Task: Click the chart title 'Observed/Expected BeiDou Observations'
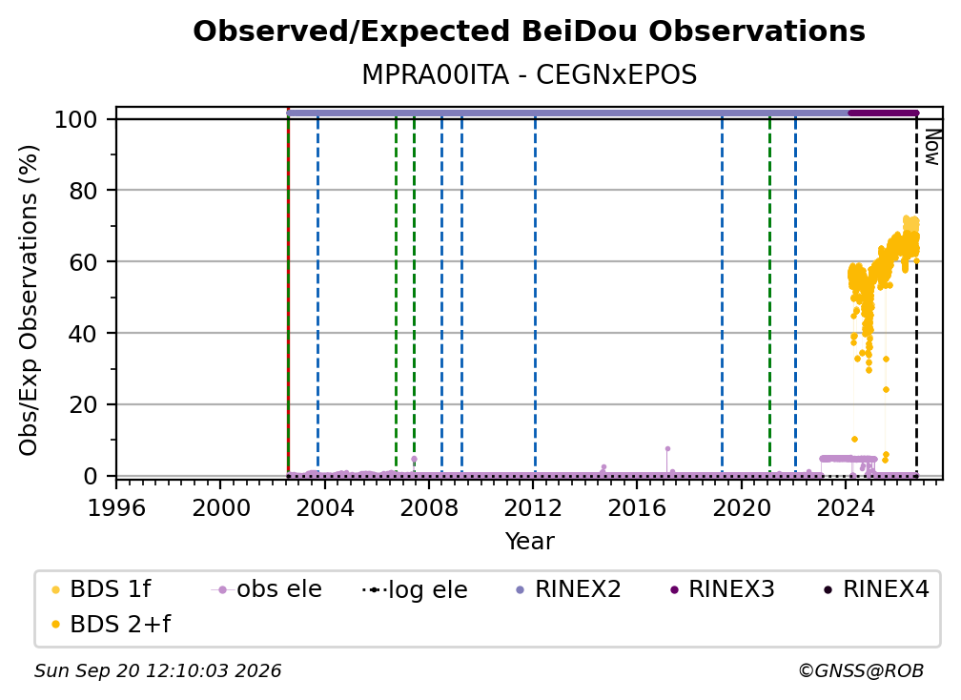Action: tap(529, 31)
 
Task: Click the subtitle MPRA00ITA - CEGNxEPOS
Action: tap(529, 74)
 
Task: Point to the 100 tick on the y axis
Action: tap(76, 119)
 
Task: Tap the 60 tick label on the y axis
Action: tap(83, 261)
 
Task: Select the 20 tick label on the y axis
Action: tap(83, 404)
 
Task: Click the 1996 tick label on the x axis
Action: tap(116, 507)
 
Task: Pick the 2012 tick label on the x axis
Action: tap(533, 507)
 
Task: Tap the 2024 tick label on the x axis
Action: tap(845, 507)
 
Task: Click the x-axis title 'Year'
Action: tap(529, 541)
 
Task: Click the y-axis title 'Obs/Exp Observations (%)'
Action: tap(29, 300)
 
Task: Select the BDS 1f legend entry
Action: tap(102, 589)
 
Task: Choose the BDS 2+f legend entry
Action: tap(112, 624)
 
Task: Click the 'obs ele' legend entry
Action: tap(267, 589)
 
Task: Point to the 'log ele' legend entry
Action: tap(415, 589)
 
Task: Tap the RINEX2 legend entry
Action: tap(568, 589)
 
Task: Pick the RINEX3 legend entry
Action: tap(722, 589)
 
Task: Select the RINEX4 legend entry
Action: tap(876, 589)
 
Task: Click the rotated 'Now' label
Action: tap(932, 147)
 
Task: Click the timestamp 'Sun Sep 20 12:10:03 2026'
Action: tap(157, 670)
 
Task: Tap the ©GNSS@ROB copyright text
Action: tap(861, 670)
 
